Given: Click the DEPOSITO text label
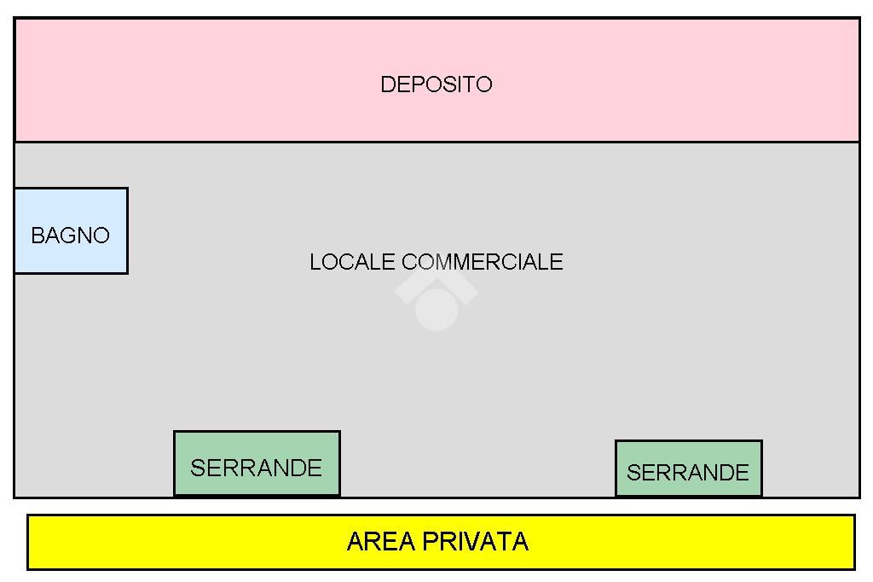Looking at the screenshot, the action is (x=436, y=84).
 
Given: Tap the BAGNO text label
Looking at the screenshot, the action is (x=70, y=236).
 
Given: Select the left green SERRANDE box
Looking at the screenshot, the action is (x=257, y=447).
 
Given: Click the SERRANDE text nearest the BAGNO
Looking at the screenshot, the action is (x=256, y=468).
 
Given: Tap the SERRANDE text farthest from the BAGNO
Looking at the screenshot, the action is (x=688, y=473).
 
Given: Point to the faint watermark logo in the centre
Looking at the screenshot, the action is (x=436, y=300).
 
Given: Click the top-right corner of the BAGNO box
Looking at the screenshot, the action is (x=127, y=189).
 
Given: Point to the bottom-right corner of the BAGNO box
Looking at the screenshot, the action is (x=127, y=273).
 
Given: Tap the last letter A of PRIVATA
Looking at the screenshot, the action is (x=520, y=542).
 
